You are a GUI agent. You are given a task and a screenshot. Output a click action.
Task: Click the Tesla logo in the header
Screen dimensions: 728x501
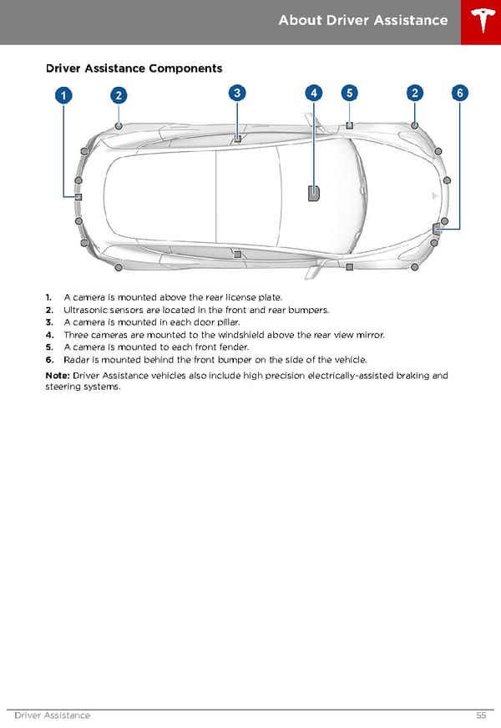coord(480,22)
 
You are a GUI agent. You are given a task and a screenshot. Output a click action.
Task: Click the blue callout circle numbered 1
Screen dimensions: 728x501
coord(63,95)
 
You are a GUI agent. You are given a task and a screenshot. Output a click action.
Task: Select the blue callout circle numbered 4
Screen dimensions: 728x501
coord(313,94)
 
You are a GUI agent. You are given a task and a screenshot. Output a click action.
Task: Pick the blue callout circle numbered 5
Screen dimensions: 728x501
coord(349,94)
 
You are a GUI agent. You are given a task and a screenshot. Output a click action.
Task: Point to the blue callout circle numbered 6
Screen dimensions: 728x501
coord(459,94)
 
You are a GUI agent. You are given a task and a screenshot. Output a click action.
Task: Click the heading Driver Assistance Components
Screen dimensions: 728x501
coord(134,68)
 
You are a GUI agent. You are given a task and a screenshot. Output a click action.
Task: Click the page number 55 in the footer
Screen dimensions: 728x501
coord(481,715)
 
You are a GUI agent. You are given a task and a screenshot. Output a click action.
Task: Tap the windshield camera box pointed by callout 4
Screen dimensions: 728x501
coord(313,194)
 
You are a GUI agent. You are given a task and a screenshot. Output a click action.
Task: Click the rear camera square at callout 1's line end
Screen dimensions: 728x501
coord(78,197)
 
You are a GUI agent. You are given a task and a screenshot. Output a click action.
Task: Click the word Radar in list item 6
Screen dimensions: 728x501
coord(77,360)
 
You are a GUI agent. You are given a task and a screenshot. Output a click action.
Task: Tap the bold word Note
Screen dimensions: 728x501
coord(57,376)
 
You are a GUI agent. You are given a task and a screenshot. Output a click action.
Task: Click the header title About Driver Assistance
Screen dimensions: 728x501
coord(362,20)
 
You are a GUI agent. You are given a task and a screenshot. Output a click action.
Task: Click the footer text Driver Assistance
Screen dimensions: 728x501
coord(52,715)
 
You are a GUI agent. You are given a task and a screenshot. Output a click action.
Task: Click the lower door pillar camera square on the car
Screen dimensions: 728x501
coord(237,254)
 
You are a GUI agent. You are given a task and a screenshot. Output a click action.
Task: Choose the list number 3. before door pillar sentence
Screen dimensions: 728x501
coord(49,322)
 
